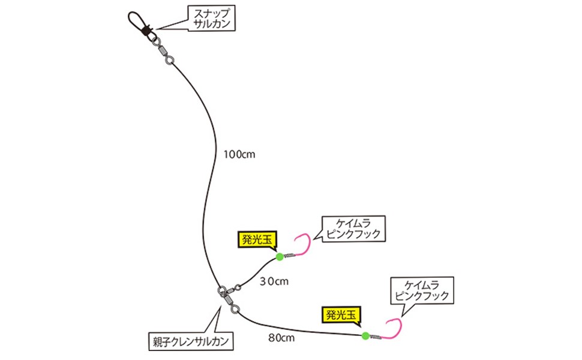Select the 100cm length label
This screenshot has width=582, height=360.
239,154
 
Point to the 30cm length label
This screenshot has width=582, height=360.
274,280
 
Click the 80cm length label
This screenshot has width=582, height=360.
280,338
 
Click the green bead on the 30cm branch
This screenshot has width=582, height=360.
280,257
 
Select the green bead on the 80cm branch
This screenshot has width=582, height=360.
365,335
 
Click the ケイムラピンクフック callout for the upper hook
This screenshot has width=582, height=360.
352,228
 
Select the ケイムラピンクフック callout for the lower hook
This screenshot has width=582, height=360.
419,290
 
